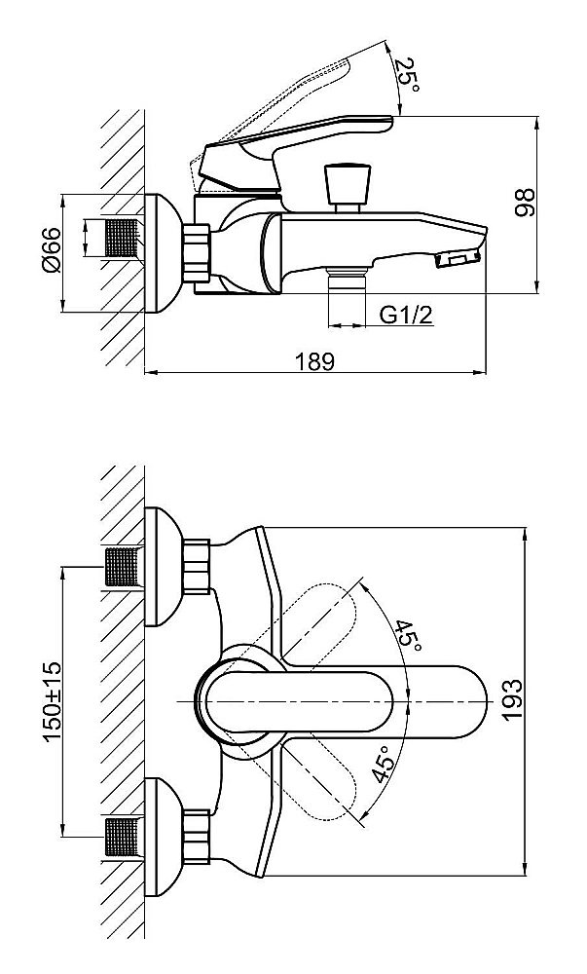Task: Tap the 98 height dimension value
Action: point(525,203)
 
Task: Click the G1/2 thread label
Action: point(405,315)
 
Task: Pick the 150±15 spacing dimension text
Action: point(52,701)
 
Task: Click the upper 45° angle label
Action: point(409,637)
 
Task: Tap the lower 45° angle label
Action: point(382,766)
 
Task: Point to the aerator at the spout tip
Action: point(458,258)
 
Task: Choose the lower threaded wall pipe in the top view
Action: point(123,838)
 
